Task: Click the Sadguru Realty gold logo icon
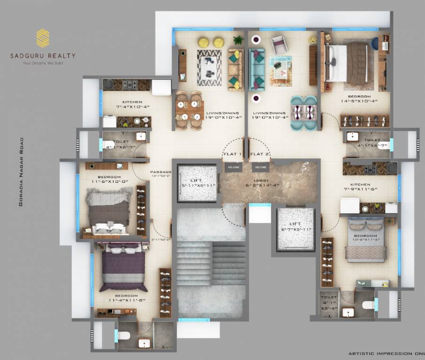coord(43,38)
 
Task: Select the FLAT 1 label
coord(233,154)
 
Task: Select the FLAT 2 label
coord(259,154)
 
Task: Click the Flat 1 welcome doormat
coord(233,167)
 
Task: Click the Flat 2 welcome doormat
coord(260,167)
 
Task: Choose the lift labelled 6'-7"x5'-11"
coord(295,229)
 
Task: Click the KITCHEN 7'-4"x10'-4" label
coord(136,104)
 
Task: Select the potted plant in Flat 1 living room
coord(238,40)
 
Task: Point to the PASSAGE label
coord(160,172)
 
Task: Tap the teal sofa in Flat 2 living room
coord(257,69)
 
